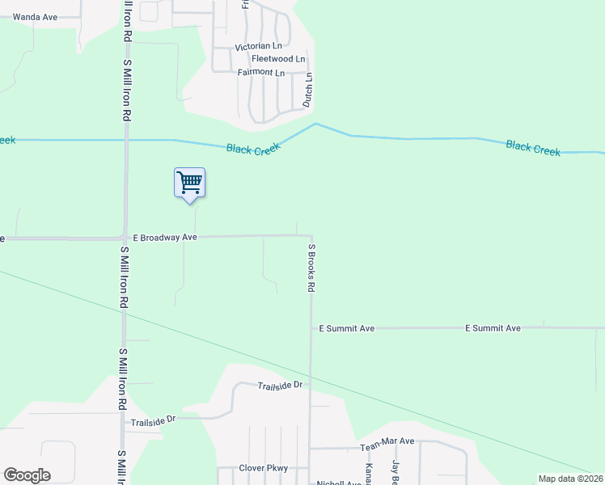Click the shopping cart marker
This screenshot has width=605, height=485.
click(189, 183)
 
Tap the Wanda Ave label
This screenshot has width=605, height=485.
click(35, 16)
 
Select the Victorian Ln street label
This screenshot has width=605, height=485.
click(258, 47)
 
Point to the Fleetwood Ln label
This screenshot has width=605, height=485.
click(278, 59)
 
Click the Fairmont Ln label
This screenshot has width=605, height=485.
click(260, 73)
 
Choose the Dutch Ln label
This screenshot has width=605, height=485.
click(307, 91)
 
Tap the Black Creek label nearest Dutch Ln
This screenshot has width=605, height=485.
click(253, 149)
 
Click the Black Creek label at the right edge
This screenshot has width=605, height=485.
click(533, 148)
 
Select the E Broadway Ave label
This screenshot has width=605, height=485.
click(165, 238)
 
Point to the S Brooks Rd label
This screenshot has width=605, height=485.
click(311, 267)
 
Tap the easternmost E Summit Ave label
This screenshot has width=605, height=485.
click(493, 328)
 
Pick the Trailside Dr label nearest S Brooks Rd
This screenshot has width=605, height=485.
click(280, 385)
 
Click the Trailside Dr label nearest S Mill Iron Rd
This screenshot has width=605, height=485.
click(154, 420)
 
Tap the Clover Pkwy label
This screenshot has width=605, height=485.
click(264, 468)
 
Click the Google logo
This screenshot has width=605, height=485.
click(27, 475)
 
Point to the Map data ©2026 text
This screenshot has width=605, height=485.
click(570, 479)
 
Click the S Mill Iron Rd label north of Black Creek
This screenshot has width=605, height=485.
click(127, 89)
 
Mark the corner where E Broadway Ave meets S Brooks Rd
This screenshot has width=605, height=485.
click(310, 236)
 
